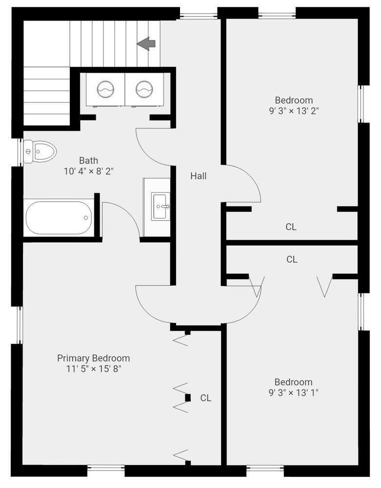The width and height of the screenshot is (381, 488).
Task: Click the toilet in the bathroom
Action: coord(40,151)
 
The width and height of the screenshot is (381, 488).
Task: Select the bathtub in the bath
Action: coord(59,218)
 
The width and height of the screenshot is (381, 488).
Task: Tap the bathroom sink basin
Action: coord(160,206)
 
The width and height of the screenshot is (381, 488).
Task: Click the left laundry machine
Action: coord(105,89)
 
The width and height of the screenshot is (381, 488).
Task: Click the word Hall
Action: coord(198,176)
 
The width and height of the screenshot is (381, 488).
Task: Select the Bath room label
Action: coord(88,160)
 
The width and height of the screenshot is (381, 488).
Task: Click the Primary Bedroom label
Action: coord(93,358)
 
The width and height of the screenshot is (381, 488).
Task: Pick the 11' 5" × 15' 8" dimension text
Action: coord(93,369)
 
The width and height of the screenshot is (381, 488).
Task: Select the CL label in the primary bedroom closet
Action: coord(206,398)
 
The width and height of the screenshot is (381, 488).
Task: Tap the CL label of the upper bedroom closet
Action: coord(291,226)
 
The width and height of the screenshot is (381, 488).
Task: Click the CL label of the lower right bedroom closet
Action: coord(292,260)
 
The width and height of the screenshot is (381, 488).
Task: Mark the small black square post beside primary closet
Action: coord(188,398)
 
